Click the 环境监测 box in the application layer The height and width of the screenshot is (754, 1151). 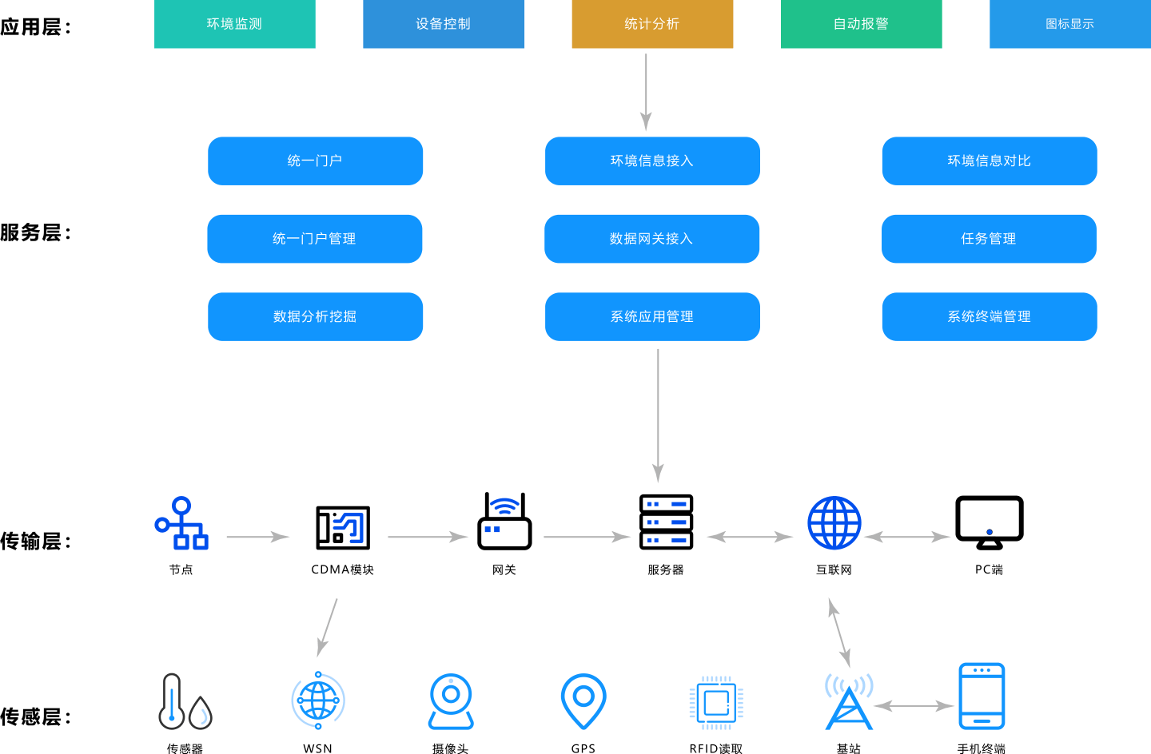(234, 24)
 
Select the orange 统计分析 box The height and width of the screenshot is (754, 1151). (652, 24)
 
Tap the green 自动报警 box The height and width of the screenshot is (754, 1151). (861, 24)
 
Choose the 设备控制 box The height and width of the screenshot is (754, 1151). (444, 24)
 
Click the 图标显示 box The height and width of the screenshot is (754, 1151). (1069, 24)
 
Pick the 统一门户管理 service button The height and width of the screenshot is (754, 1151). (315, 239)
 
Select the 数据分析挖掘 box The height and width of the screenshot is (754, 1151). (315, 316)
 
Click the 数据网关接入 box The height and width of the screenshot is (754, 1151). (651, 239)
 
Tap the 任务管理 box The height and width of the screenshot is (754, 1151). (989, 239)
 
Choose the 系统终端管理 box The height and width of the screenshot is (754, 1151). (989, 316)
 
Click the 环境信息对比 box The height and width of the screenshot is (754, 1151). (989, 161)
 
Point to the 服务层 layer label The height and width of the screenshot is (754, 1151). (35, 232)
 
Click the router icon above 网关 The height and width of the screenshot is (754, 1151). (504, 522)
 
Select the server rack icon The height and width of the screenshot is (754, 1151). (666, 522)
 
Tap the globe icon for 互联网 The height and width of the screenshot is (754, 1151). (834, 523)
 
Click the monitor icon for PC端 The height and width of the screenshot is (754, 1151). (989, 522)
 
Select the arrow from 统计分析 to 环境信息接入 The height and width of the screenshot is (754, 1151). (646, 91)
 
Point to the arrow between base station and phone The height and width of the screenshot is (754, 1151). (914, 705)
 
